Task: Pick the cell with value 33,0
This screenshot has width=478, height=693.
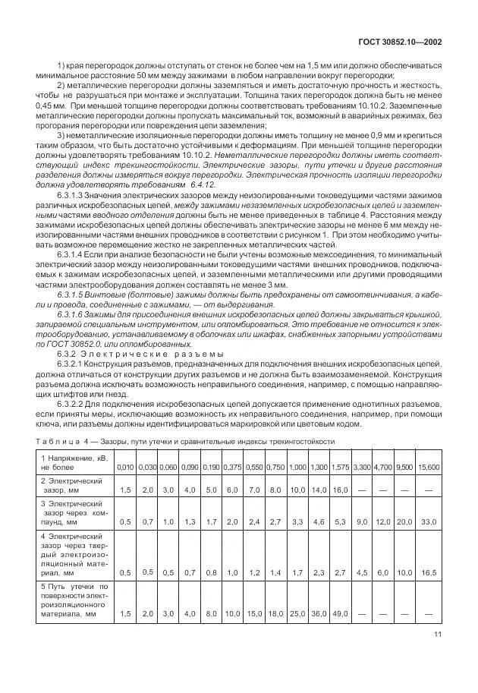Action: click(429, 522)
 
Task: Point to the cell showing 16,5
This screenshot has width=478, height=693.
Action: click(429, 572)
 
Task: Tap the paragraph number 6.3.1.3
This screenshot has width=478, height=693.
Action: click(74, 195)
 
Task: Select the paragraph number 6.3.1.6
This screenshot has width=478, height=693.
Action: click(74, 313)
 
